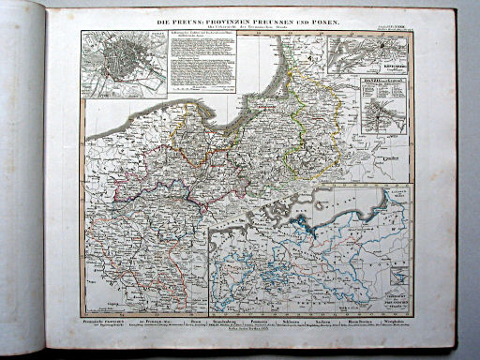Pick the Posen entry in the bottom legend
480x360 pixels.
[190, 320]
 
